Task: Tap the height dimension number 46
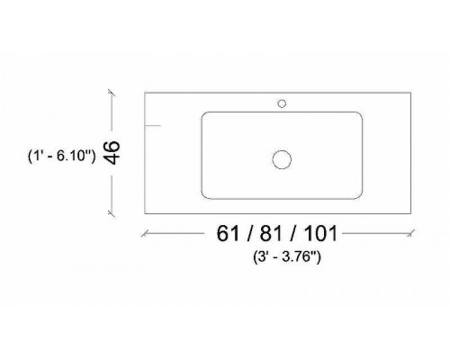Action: [112, 153]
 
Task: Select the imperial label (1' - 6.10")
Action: [61, 156]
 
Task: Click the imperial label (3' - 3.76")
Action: [287, 257]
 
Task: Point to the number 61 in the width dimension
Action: [228, 233]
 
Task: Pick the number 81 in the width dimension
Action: [272, 233]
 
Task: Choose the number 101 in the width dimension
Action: [321, 233]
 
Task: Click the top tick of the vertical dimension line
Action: [112, 93]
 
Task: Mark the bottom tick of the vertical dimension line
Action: [112, 213]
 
